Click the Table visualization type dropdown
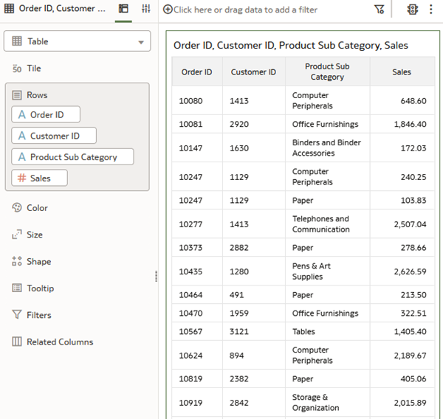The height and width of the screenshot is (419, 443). [77, 41]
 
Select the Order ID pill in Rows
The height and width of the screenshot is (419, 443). [46, 114]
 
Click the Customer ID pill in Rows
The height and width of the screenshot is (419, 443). [54, 136]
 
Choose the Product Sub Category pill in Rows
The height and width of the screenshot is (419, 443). [72, 156]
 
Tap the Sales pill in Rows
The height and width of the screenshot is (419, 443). [40, 178]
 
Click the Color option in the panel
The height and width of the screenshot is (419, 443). [37, 208]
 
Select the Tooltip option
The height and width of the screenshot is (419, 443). [40, 288]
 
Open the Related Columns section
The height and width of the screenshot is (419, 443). [59, 342]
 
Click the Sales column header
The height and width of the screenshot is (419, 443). [402, 72]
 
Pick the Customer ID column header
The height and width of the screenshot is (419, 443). [253, 72]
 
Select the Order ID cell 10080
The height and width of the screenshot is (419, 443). [190, 101]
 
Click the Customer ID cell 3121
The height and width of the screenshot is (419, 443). [240, 332]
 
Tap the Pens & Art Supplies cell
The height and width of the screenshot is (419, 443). [312, 271]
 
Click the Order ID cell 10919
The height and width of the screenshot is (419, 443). [190, 403]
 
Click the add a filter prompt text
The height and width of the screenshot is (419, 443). [245, 10]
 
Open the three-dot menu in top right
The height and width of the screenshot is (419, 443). [431, 10]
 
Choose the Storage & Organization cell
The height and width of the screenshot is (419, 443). [315, 403]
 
